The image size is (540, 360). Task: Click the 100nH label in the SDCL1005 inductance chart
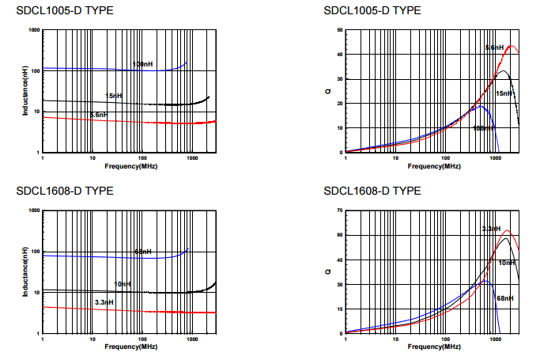tap(143, 63)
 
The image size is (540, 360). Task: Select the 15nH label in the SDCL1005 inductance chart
tap(114, 96)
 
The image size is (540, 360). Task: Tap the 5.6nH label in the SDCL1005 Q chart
tap(494, 48)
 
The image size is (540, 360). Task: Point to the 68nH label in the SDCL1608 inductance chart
tap(142, 252)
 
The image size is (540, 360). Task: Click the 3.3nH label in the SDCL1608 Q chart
tap(491, 229)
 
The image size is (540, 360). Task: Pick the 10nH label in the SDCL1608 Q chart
tap(507, 262)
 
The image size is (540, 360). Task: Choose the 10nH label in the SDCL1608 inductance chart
tap(123, 283)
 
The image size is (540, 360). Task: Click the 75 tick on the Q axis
tap(338, 211)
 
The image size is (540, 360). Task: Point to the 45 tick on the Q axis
tap(338, 260)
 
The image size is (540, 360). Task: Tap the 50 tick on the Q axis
tap(338, 30)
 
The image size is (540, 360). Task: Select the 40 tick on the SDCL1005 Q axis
tap(338, 55)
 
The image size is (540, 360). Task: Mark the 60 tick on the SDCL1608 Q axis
tap(338, 235)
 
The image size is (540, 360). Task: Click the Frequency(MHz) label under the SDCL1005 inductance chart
tap(131, 166)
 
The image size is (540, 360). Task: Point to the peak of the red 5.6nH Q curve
tap(511, 46)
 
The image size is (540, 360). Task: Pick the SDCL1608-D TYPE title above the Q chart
tap(372, 191)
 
